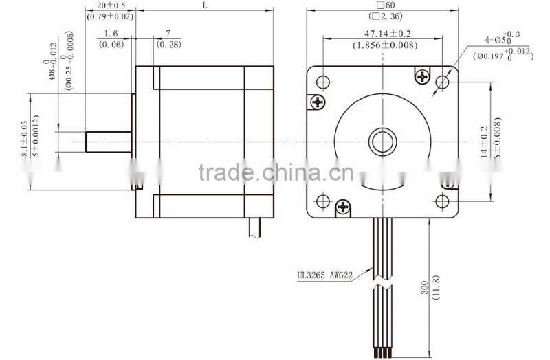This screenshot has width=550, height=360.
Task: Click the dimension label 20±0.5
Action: click(111, 5)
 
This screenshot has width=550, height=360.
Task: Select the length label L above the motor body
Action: click(206, 5)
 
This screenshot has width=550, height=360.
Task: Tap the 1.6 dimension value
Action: click(111, 34)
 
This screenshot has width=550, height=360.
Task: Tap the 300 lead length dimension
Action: click(424, 289)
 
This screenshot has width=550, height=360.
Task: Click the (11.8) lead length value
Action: click(435, 289)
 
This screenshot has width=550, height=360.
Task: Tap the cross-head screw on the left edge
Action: click(317, 102)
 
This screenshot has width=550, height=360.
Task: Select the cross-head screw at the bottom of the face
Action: click(342, 207)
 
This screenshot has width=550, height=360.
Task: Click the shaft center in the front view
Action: click(382, 142)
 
